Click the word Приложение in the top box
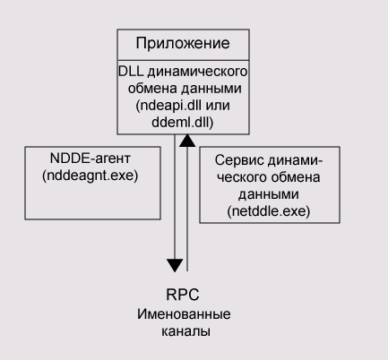[183, 44]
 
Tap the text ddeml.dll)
[183, 122]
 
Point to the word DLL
[131, 72]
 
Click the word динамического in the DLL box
[198, 72]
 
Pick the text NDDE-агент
[91, 158]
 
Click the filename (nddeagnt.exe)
[91, 176]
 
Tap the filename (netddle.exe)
[269, 211]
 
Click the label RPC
[183, 295]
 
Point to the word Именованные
[184, 314]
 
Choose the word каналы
[185, 331]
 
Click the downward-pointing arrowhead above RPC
[175, 265]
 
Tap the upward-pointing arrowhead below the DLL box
[187, 141]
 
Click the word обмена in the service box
[295, 177]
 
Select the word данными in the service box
[269, 194]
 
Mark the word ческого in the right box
[242, 177]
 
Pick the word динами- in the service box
[295, 160]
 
